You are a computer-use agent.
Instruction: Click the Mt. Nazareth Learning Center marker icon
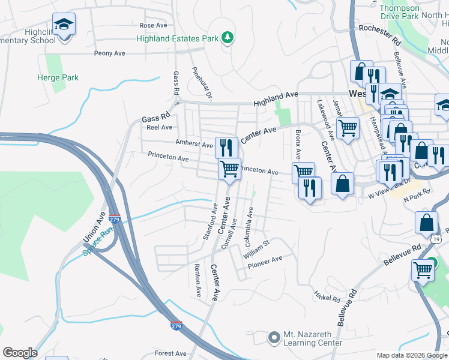(274, 337)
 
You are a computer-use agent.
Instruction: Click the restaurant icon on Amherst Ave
(226, 147)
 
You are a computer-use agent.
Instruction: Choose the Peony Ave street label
(109, 53)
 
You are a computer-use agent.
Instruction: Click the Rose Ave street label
(152, 26)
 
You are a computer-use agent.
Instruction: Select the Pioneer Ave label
(265, 260)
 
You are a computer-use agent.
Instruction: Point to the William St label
(258, 248)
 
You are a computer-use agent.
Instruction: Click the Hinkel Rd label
(327, 295)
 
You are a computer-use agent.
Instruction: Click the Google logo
(20, 353)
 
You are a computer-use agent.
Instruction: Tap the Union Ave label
(94, 227)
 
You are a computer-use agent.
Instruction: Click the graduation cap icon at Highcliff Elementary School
(63, 25)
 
